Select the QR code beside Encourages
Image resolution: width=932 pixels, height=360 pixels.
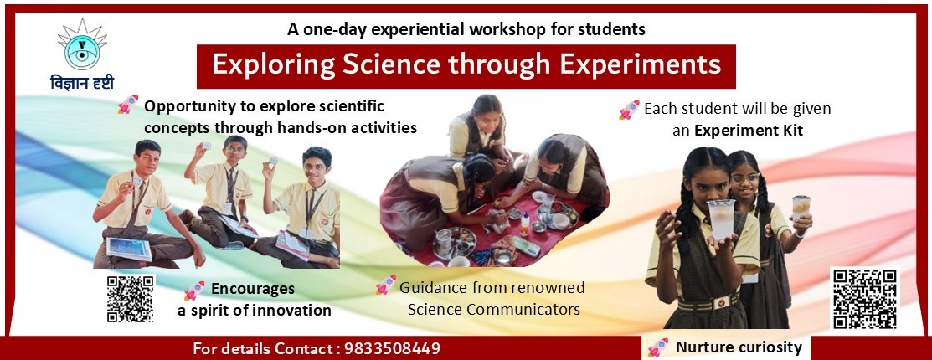(x=130, y=299)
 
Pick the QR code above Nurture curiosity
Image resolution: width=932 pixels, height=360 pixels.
(x=865, y=299)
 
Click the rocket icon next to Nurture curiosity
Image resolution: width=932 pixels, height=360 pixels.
(x=657, y=347)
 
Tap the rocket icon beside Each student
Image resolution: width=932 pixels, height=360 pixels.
(x=629, y=110)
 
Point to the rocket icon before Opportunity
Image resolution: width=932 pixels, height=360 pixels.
(x=128, y=105)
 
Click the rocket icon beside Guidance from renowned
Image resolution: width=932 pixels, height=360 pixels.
(x=385, y=285)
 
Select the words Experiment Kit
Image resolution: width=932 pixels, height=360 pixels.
(x=749, y=131)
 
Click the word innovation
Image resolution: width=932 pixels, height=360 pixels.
(x=293, y=310)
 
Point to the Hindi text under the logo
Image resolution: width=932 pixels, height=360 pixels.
(x=82, y=83)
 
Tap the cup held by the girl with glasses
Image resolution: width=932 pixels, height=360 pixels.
(x=801, y=208)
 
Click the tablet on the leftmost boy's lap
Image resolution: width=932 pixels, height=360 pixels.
(x=129, y=249)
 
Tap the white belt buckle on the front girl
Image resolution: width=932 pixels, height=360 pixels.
(x=720, y=302)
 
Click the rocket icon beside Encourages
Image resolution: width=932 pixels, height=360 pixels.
(x=194, y=291)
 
